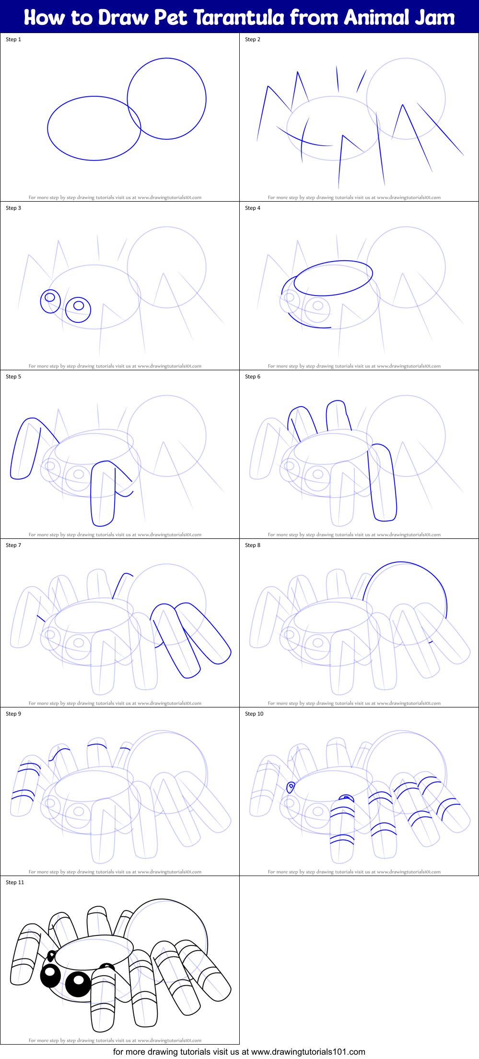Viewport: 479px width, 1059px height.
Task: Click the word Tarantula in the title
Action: [239, 17]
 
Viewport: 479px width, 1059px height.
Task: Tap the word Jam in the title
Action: [434, 17]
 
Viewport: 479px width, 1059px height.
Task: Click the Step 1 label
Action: [13, 39]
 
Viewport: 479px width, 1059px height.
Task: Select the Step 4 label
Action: [253, 208]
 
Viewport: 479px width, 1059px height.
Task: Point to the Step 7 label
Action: [13, 545]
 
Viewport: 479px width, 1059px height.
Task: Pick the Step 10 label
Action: [254, 714]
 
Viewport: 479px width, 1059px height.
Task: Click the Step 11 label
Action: [15, 882]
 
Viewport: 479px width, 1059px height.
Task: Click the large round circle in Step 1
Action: [167, 99]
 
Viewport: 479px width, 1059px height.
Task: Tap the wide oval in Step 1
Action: [94, 128]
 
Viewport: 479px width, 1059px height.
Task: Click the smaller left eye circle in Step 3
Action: [50, 301]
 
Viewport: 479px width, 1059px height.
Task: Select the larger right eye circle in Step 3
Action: [78, 309]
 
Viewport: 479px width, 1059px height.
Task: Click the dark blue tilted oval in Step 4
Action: [333, 278]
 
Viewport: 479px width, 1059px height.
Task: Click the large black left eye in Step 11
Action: [50, 975]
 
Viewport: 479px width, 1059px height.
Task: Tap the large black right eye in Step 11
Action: [78, 984]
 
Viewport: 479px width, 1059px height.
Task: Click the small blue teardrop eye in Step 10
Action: [291, 787]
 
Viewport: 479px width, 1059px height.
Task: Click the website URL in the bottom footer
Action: [308, 1052]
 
